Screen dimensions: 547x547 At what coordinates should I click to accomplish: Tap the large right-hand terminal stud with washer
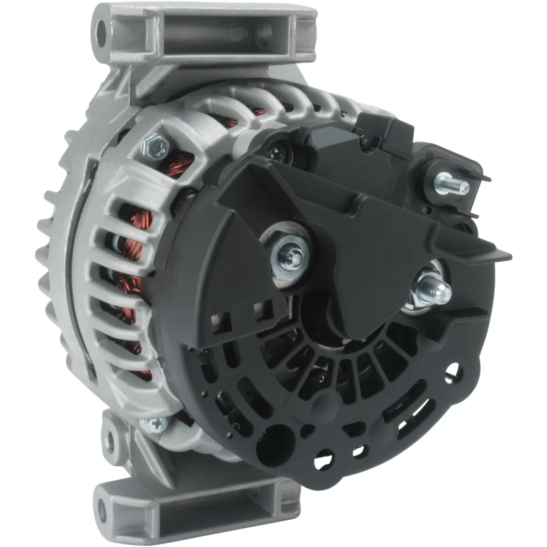point(432,288)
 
